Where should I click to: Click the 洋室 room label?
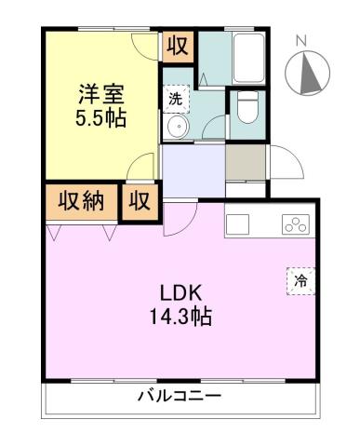100,94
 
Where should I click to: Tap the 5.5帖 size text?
100,118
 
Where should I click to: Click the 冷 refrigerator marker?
300,279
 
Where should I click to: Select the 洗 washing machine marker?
175,96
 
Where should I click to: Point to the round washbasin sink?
174,129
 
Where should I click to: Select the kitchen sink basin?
237,223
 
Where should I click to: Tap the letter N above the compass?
300,41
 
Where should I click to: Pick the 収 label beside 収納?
140,199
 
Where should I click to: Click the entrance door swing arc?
287,168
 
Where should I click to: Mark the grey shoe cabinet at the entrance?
245,160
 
